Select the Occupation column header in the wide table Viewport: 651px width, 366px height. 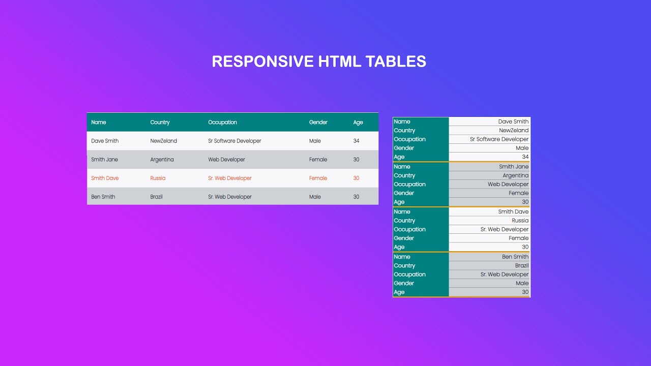click(222, 123)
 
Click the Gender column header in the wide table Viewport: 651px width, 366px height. click(318, 123)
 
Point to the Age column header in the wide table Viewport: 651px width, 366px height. click(358, 123)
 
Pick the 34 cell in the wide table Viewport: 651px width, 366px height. click(356, 141)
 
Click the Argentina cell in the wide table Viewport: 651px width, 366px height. click(162, 160)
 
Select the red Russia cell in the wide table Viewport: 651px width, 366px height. click(158, 178)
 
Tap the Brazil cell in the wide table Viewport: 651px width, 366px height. click(156, 197)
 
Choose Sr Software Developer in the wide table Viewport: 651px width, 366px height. click(234, 141)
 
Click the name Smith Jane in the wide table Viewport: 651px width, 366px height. click(104, 160)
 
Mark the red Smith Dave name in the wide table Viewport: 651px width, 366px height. click(105, 178)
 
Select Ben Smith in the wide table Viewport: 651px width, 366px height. click(103, 197)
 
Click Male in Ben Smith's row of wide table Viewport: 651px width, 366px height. click(315, 197)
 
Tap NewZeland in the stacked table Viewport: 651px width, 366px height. click(514, 131)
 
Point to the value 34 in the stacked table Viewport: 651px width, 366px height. click(525, 157)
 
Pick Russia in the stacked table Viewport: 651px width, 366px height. click(520, 221)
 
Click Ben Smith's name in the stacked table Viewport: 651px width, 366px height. click(515, 257)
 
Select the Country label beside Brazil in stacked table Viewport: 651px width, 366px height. click(404, 266)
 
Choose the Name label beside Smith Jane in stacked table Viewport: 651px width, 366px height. click(402, 167)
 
